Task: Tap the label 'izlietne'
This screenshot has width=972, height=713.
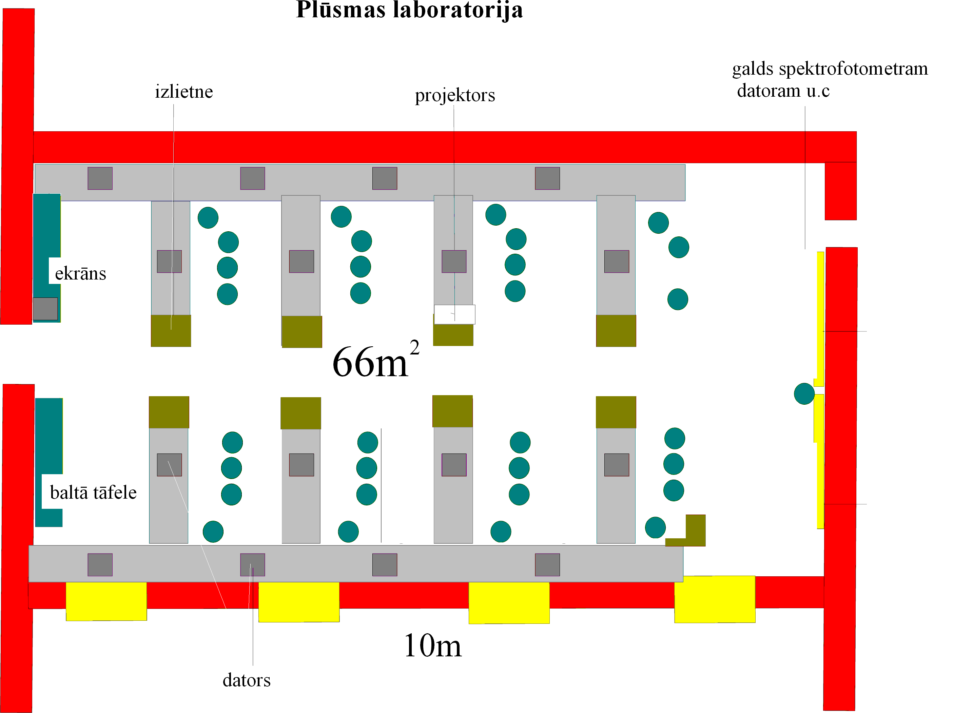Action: (184, 92)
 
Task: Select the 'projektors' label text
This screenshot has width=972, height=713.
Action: (455, 95)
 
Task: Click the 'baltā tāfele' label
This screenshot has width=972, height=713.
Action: (93, 493)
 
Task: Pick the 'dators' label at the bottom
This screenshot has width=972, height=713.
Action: (246, 680)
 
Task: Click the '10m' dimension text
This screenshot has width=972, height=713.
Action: (432, 646)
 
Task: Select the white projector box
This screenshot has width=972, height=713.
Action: (454, 314)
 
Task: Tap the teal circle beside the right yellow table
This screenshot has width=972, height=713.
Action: (804, 393)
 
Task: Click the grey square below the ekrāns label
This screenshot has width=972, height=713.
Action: (45, 309)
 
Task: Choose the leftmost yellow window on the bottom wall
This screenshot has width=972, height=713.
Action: (106, 601)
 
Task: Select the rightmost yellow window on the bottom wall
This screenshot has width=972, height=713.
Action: (715, 599)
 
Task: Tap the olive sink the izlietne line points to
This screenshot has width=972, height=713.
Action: (171, 331)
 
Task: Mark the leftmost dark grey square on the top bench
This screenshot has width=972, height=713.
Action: (100, 178)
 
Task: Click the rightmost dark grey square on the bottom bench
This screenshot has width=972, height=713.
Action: (547, 564)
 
